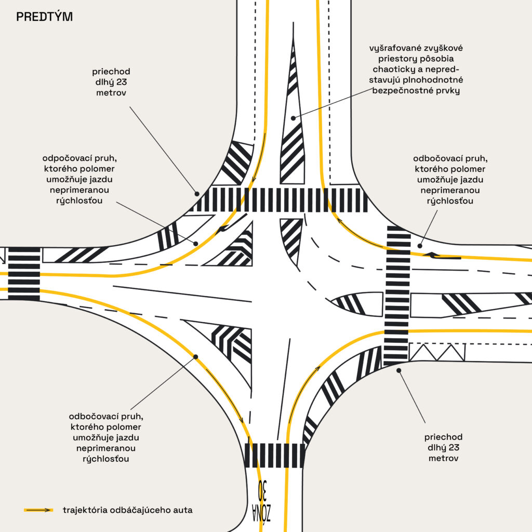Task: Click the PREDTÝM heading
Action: [44, 17]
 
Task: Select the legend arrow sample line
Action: [38, 510]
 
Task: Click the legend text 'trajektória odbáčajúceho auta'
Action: [127, 510]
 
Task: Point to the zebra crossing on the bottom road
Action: [274, 455]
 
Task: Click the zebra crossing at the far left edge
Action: [24, 273]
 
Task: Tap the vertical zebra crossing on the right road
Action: [397, 296]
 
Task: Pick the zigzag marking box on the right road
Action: [437, 352]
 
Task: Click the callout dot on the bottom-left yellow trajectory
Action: [196, 356]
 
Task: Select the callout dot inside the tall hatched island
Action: [293, 118]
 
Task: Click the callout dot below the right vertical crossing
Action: [398, 370]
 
